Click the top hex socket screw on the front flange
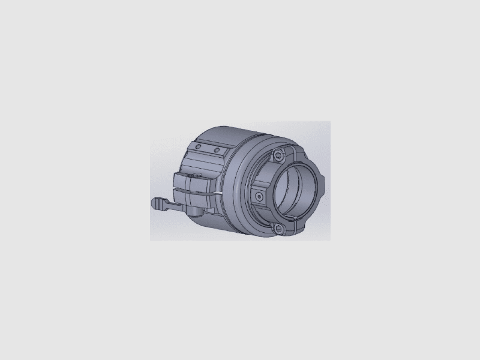tap(277, 156)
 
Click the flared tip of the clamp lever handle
tap(157, 203)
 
